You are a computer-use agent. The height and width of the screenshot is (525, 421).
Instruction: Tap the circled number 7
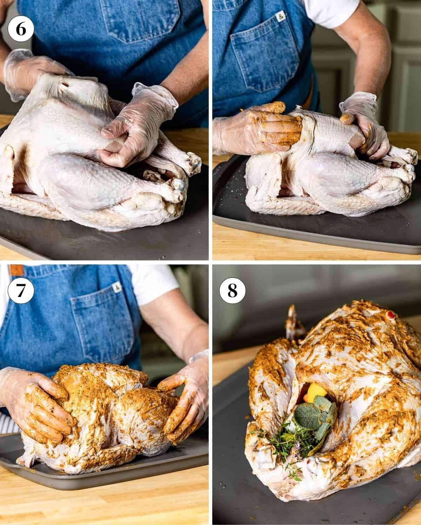click(21, 291)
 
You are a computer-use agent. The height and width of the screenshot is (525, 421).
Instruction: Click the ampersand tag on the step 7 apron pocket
click(116, 288)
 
